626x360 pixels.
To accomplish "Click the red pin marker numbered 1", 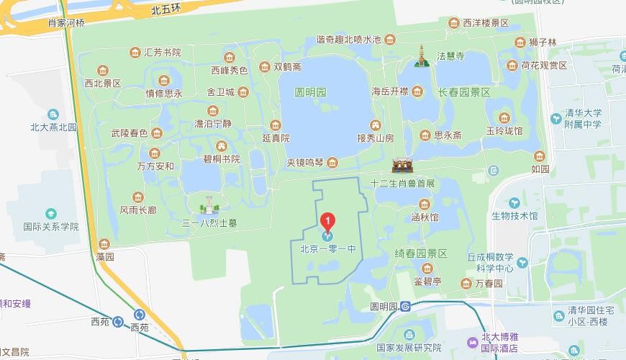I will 328,220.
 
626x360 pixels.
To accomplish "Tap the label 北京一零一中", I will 328,250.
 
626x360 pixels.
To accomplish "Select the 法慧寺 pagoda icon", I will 422,55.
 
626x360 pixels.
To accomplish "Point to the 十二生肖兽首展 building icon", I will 403,165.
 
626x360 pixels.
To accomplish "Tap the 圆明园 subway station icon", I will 406,306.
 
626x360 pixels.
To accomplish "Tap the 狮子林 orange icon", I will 531,42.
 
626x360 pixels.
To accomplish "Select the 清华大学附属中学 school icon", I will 556,118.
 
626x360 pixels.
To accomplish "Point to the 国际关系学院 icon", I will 50,214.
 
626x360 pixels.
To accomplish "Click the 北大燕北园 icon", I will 53,114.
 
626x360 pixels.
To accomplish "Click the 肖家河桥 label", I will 66,22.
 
